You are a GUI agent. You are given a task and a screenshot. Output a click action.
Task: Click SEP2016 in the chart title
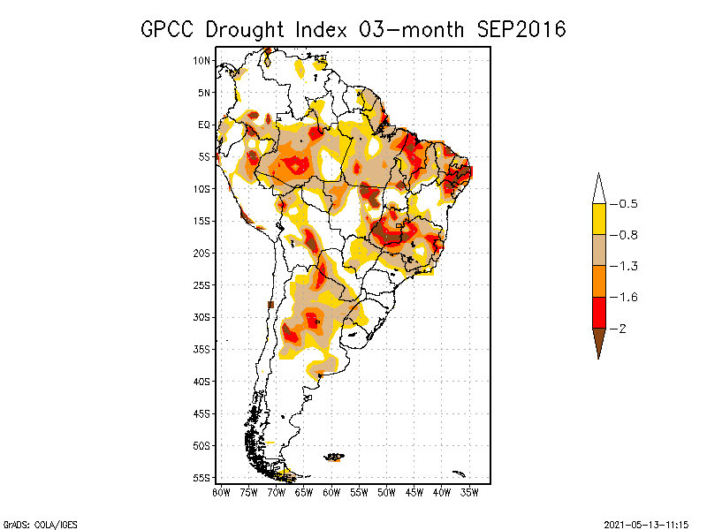(521, 29)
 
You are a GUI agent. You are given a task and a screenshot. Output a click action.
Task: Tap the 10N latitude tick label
(202, 60)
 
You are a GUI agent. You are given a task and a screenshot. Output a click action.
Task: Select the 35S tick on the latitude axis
(202, 349)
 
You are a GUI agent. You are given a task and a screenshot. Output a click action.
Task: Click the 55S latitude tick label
(202, 477)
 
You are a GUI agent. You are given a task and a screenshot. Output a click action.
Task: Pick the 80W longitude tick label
(221, 492)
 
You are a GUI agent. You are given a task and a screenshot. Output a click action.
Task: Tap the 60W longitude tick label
(331, 492)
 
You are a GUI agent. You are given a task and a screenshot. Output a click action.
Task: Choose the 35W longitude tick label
(469, 492)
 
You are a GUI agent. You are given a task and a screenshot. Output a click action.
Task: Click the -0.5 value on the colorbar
(627, 204)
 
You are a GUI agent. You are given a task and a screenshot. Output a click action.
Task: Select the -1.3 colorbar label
(627, 266)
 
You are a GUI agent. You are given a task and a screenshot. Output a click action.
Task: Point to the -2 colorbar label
(624, 329)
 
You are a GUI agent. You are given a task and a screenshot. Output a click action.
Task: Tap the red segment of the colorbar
(598, 313)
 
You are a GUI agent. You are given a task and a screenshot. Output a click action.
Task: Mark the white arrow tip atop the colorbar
(598, 188)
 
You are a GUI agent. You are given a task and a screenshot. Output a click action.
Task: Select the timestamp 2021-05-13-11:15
(645, 523)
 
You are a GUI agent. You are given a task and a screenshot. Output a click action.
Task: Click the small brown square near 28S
(270, 305)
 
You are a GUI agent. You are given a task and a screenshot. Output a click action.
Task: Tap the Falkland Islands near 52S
(334, 457)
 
